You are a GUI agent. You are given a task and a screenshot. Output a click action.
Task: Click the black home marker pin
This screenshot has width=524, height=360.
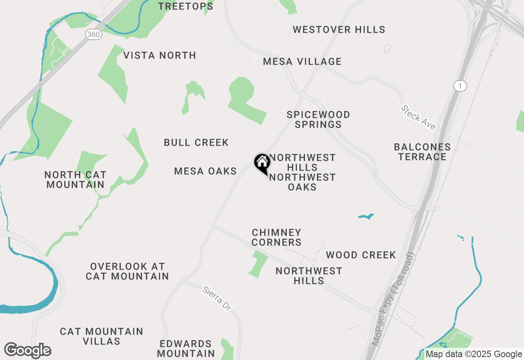(262, 163)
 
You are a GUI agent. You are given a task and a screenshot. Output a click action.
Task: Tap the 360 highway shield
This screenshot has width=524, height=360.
(94, 34)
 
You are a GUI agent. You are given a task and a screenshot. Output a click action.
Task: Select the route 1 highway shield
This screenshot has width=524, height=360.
(460, 86)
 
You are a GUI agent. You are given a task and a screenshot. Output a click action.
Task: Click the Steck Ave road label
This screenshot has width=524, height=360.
(418, 117)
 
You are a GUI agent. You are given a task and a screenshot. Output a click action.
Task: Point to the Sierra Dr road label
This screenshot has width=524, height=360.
(217, 297)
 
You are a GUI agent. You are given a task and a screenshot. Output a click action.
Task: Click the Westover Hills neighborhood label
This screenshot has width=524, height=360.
(339, 29)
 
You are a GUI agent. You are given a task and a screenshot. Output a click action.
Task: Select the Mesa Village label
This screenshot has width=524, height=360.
(302, 61)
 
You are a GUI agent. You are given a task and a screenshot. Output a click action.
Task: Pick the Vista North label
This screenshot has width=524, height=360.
(160, 55)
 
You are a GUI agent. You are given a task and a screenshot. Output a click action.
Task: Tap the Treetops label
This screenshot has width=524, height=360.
(186, 6)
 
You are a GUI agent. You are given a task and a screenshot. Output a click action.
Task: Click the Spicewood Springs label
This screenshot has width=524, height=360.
(318, 119)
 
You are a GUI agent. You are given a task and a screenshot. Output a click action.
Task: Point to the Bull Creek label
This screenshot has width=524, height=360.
(196, 142)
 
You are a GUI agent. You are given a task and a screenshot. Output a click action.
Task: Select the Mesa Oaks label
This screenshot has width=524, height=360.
(206, 171)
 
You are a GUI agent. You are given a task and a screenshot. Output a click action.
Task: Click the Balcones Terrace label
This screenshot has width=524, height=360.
(422, 152)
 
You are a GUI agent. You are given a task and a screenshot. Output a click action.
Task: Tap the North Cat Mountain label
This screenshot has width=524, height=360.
(75, 180)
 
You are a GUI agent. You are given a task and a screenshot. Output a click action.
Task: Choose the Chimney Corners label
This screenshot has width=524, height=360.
(276, 237)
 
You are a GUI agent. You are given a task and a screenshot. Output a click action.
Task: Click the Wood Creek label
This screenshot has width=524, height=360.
(361, 255)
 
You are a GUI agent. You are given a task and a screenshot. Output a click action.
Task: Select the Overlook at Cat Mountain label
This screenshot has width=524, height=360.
(127, 271)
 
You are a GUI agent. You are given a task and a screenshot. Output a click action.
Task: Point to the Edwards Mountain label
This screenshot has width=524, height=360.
(186, 348)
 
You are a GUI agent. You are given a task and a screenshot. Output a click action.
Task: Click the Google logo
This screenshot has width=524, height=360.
(27, 351)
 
